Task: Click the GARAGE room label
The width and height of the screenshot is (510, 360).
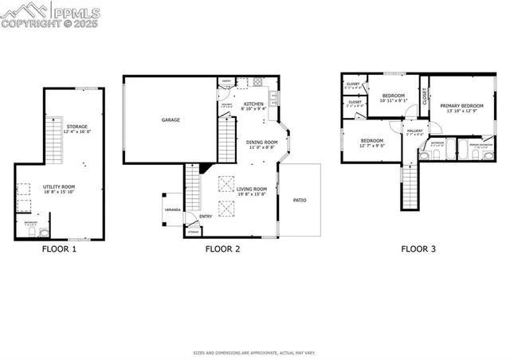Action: (x=171, y=120)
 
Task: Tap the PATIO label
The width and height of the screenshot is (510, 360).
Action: (x=300, y=200)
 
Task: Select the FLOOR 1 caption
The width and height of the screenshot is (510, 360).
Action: (x=59, y=248)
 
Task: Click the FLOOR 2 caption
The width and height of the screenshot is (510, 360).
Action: (x=223, y=248)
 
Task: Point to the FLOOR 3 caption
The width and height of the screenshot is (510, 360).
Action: (x=418, y=248)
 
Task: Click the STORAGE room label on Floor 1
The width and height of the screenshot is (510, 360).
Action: (x=77, y=127)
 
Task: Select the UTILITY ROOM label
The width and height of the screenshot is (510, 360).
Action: (x=57, y=187)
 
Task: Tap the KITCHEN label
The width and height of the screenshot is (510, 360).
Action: (x=253, y=104)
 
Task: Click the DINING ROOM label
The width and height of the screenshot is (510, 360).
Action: (x=261, y=143)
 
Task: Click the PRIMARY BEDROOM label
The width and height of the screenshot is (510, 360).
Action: (x=461, y=105)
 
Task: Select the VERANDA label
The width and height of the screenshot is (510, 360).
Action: (x=173, y=210)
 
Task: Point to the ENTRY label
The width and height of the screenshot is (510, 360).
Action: (x=206, y=216)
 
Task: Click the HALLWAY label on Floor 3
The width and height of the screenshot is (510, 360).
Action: (x=415, y=131)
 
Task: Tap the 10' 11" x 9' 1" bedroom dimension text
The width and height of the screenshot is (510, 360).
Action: (x=394, y=100)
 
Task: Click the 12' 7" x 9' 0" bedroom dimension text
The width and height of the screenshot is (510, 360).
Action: (x=372, y=145)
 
